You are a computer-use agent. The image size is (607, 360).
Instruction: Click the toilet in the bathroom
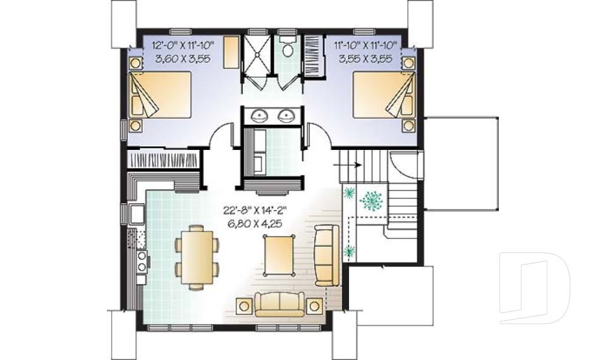click(287, 47)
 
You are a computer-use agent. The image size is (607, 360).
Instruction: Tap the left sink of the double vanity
click(257, 115)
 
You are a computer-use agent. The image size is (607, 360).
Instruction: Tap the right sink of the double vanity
click(286, 115)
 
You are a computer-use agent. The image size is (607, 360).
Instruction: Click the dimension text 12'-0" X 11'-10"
click(183, 46)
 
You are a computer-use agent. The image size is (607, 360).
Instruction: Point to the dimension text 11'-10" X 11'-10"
click(366, 46)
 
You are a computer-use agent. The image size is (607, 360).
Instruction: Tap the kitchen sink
click(137, 214)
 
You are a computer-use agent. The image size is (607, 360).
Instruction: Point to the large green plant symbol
click(371, 201)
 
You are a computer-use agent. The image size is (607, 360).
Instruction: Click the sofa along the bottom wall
click(279, 304)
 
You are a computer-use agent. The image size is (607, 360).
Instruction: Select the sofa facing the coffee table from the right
click(326, 256)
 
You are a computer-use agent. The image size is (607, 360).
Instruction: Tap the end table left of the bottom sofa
click(244, 306)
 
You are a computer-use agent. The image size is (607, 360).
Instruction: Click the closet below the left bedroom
click(163, 159)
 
